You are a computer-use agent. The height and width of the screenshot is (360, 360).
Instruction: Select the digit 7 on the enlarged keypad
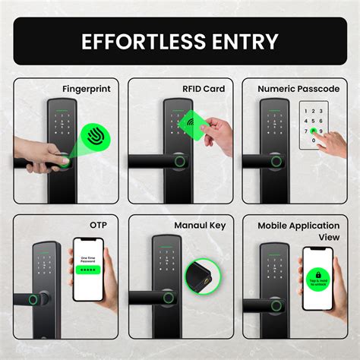[x=305, y=131]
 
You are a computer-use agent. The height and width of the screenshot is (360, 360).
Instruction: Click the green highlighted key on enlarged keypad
[x=314, y=131]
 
